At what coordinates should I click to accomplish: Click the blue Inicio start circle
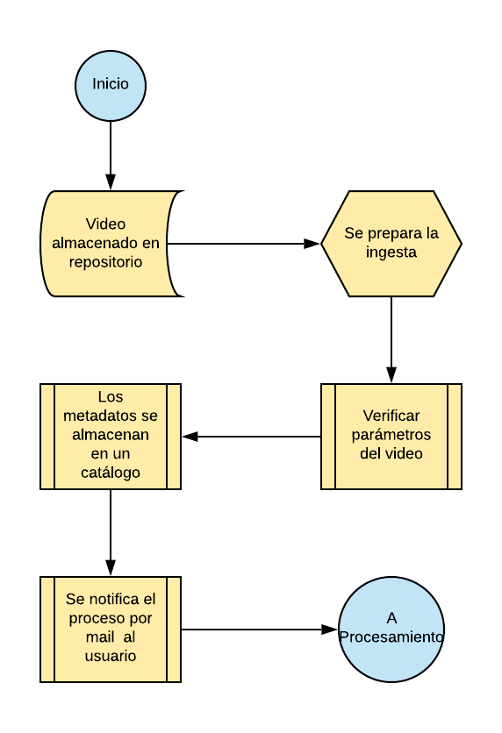[111, 86]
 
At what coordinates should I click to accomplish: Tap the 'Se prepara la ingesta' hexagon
[391, 244]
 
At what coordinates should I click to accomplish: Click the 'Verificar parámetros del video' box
[391, 437]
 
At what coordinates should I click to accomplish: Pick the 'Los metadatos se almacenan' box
[111, 437]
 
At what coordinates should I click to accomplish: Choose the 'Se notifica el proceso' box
[111, 630]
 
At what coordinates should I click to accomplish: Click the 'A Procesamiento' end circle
[391, 630]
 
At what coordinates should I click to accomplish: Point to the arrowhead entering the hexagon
[312, 244]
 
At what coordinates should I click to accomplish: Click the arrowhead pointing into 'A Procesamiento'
[329, 630]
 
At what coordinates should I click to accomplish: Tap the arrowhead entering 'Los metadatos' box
[190, 437]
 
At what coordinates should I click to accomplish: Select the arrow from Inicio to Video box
[111, 156]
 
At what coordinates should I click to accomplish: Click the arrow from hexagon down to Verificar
[391, 340]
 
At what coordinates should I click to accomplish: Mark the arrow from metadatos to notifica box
[111, 533]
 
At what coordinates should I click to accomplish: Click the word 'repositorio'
[105, 262]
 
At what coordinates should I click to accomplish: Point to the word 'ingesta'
[391, 252]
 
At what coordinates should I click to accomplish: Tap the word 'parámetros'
[391, 435]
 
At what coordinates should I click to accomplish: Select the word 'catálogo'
[111, 473]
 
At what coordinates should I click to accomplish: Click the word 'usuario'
[111, 656]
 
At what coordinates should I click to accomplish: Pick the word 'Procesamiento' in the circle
[391, 637]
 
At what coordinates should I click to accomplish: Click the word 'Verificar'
[391, 416]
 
